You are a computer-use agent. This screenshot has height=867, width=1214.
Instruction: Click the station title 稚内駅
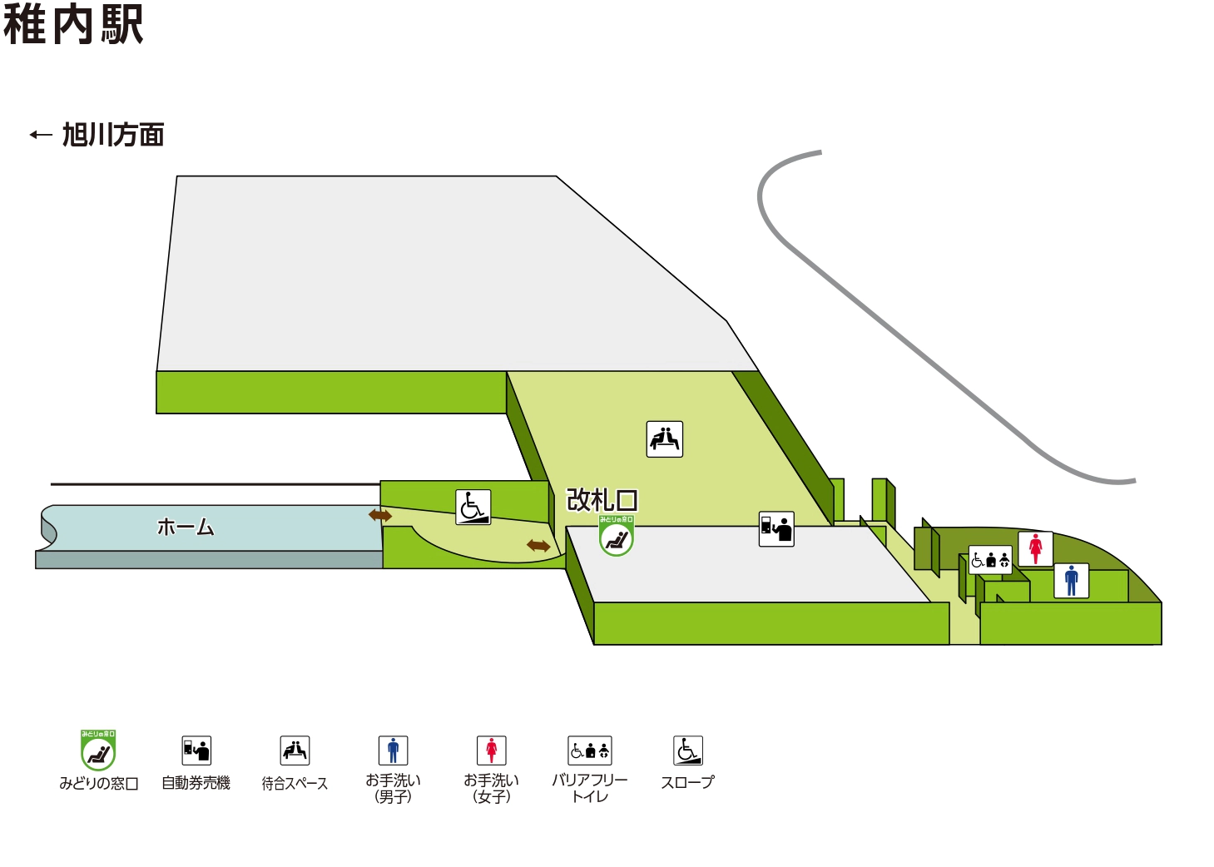[73, 24]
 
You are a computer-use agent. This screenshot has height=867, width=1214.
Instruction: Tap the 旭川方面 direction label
[113, 135]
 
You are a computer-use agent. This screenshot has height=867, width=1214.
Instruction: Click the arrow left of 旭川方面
[41, 135]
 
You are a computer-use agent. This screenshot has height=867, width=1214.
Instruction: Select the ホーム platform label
[186, 528]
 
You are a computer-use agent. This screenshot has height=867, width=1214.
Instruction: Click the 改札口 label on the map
[602, 500]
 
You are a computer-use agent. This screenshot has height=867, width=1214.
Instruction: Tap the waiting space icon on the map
[665, 439]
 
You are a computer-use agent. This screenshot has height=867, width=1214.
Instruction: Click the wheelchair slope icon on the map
[473, 507]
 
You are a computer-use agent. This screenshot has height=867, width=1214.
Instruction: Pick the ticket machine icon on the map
[776, 529]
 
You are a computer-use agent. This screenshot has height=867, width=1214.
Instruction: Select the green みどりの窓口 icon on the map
[617, 537]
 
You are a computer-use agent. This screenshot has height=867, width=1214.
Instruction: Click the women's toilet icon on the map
[1036, 549]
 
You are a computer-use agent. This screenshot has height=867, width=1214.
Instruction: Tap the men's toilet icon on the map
[1072, 580]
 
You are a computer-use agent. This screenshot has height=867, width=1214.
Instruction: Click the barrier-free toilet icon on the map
[990, 560]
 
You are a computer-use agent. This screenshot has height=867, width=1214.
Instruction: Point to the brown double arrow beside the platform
[380, 516]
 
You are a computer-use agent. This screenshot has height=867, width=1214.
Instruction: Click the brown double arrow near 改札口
[538, 546]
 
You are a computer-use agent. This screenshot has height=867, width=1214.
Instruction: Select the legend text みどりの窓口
[98, 784]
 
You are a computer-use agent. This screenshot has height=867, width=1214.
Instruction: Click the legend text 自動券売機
[196, 783]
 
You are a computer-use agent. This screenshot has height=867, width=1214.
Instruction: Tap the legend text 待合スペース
[295, 784]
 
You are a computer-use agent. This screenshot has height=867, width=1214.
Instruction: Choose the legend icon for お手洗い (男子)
[393, 751]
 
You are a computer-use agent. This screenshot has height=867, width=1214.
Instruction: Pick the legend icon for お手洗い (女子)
[491, 751]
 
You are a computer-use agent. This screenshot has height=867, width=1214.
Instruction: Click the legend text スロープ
[687, 783]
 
